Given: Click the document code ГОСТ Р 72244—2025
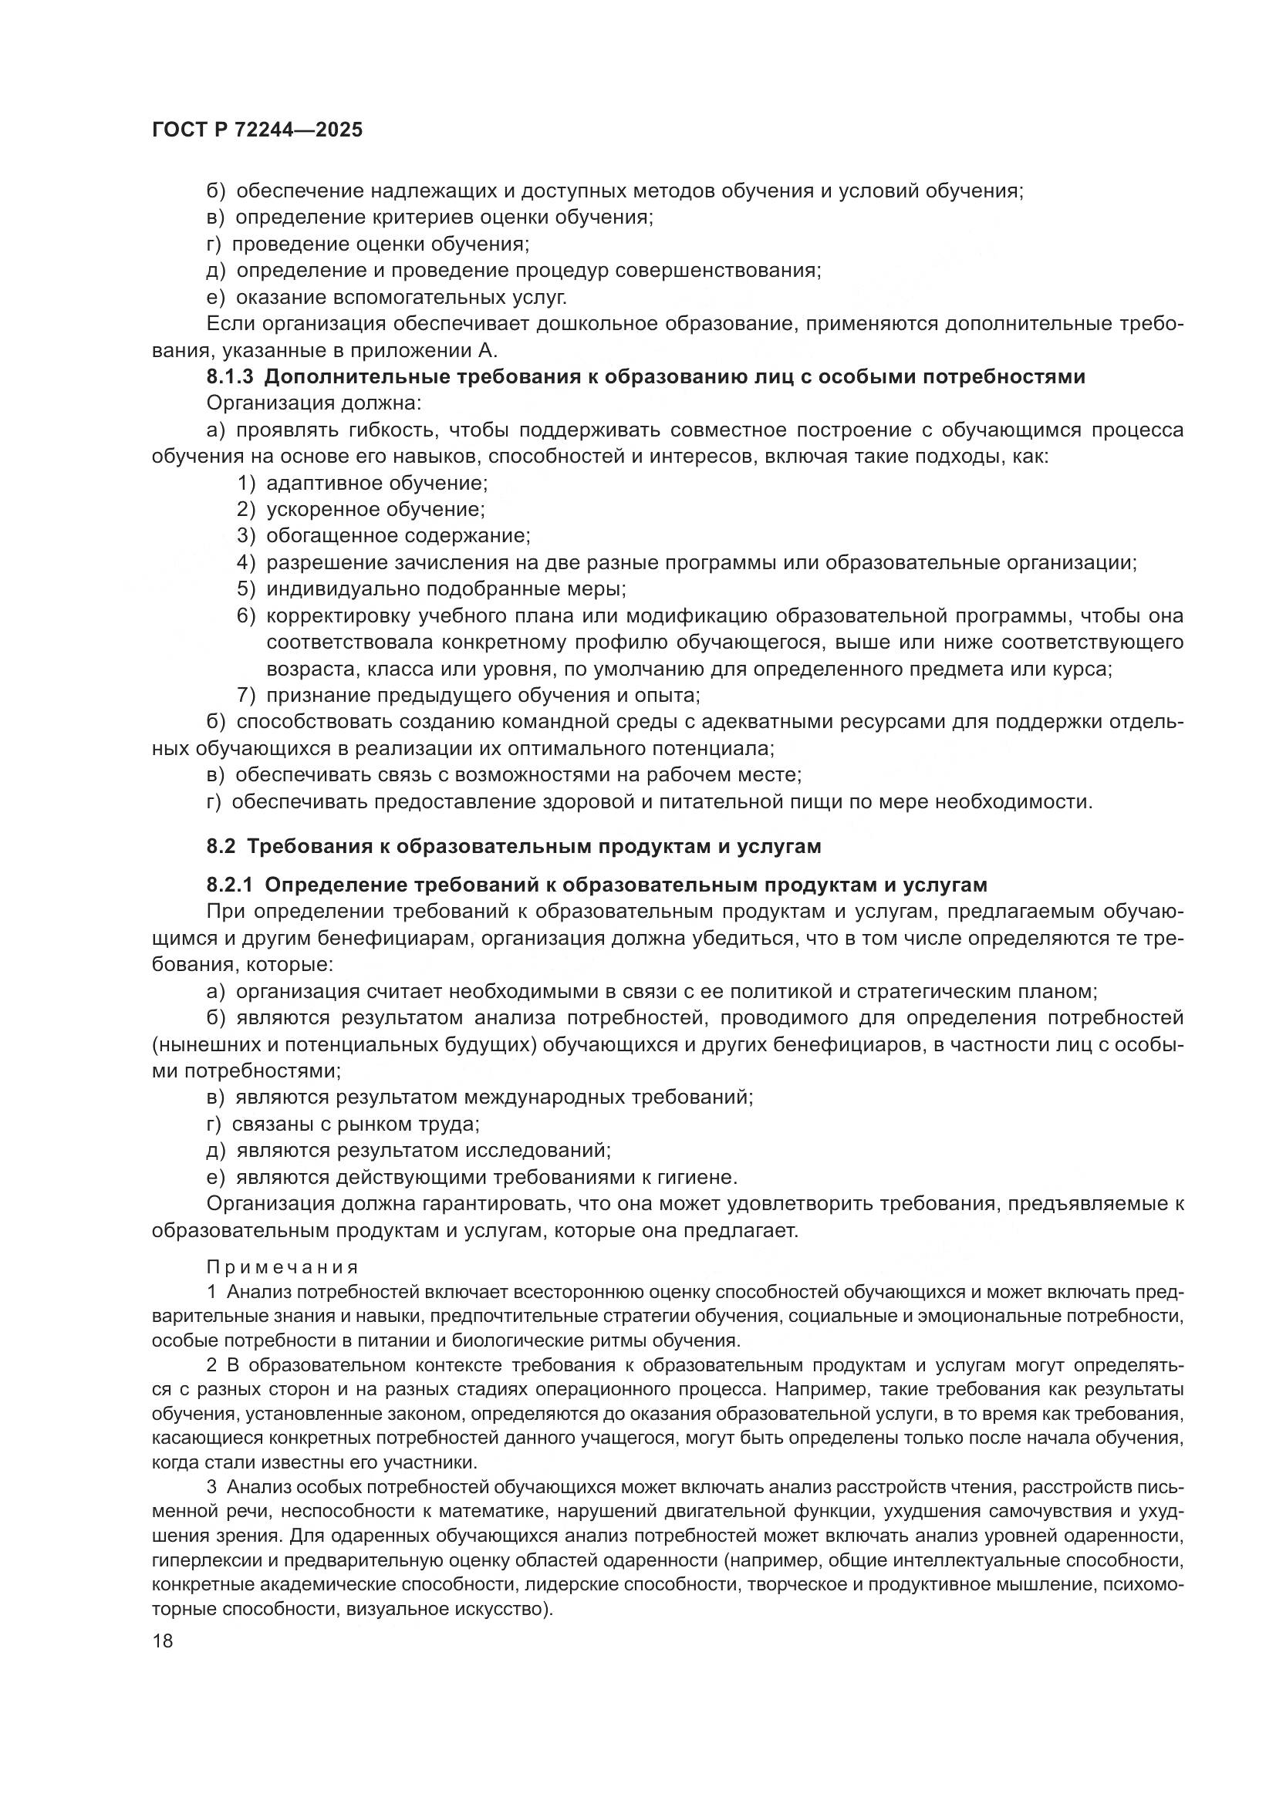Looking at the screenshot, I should tap(257, 130).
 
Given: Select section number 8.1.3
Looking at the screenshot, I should tap(230, 377).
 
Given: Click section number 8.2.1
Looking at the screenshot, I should tap(230, 885).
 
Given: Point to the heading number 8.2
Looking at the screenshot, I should tap(221, 846).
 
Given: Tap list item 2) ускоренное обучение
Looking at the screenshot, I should tap(361, 510).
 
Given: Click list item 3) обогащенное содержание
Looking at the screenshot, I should tap(384, 537).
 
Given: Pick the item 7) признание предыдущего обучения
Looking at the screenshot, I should tap(468, 696).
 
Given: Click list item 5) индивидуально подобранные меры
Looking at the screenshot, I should tap(431, 589).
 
